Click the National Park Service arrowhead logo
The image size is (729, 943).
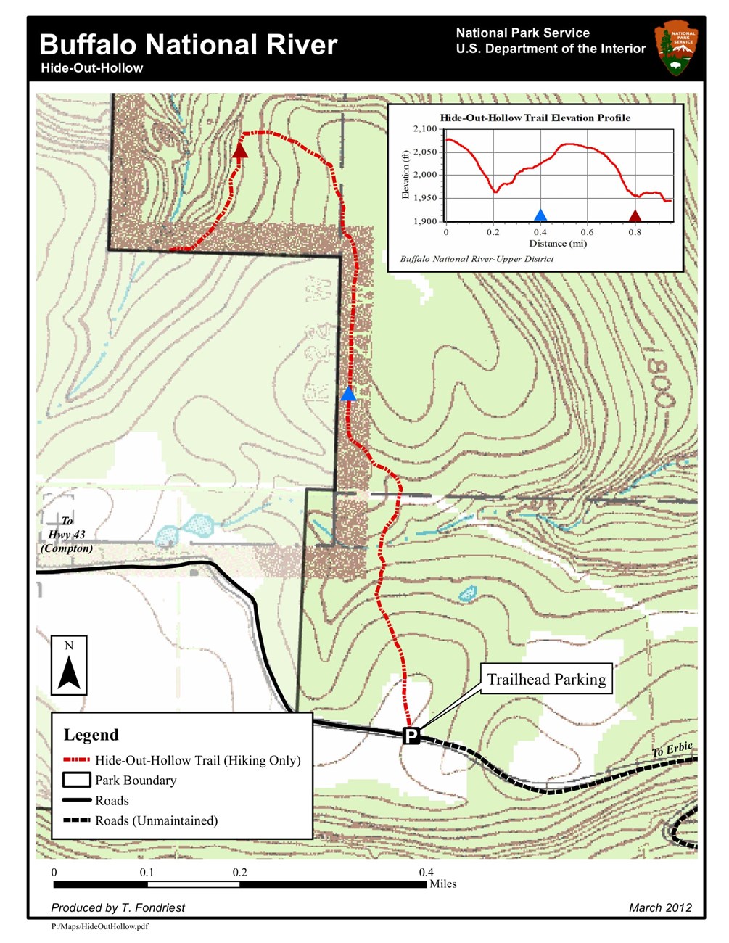[x=676, y=48]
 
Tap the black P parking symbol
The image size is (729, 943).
[x=411, y=736]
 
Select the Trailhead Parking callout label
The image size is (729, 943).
[x=546, y=680]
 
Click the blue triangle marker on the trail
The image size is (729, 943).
[x=348, y=394]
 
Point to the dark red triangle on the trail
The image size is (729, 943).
[x=239, y=151]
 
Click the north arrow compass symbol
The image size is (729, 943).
[x=69, y=666]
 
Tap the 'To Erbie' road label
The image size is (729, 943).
[x=672, y=750]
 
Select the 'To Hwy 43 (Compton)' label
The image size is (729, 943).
[x=67, y=535]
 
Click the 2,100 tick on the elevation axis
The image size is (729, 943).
[x=425, y=129]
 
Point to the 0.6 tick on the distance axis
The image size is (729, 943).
[x=587, y=232]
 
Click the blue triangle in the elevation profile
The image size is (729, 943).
[x=540, y=215]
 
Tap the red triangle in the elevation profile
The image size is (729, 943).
[x=635, y=215]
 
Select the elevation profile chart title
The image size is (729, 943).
[x=535, y=118]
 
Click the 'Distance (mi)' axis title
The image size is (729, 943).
[x=558, y=244]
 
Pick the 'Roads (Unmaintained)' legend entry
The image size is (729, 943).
[x=156, y=821]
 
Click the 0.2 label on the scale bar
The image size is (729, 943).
[x=240, y=873]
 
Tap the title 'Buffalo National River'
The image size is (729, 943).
[x=189, y=45]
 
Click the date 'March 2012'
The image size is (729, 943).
[x=660, y=907]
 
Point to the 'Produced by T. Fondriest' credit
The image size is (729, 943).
[x=118, y=907]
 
